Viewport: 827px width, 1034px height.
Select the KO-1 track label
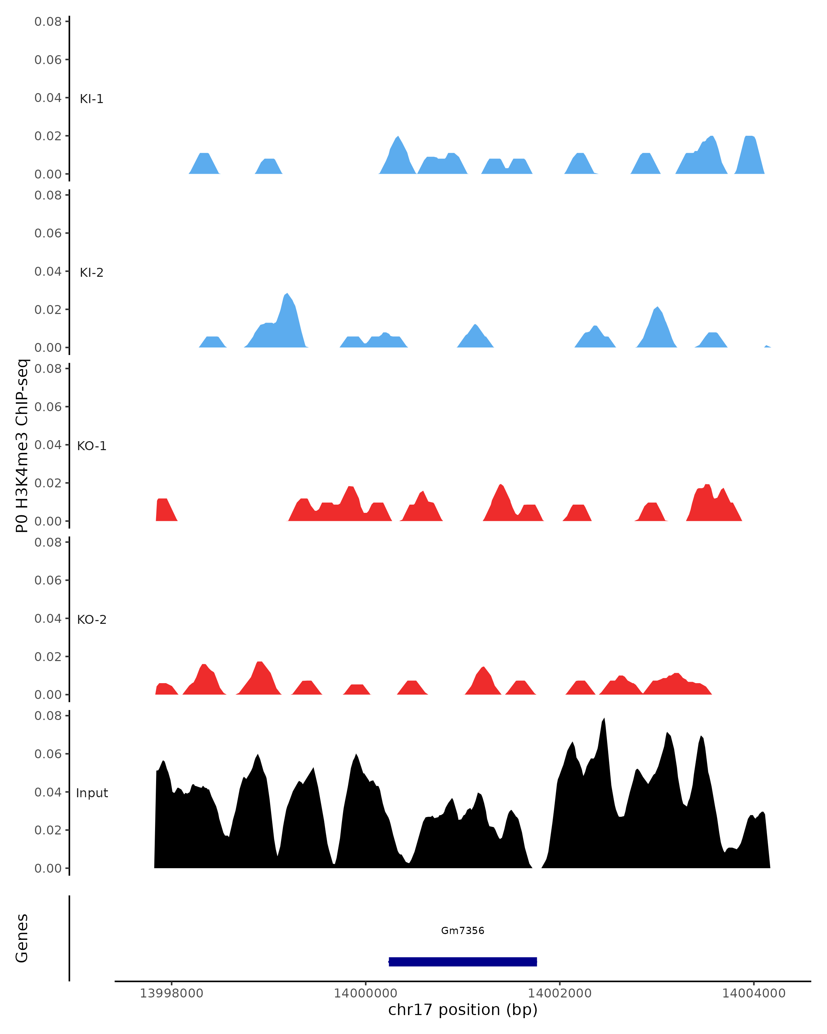click(92, 446)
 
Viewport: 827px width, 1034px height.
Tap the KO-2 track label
click(92, 620)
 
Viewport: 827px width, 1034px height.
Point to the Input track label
click(92, 793)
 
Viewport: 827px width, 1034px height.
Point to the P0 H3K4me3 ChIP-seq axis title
click(22, 446)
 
